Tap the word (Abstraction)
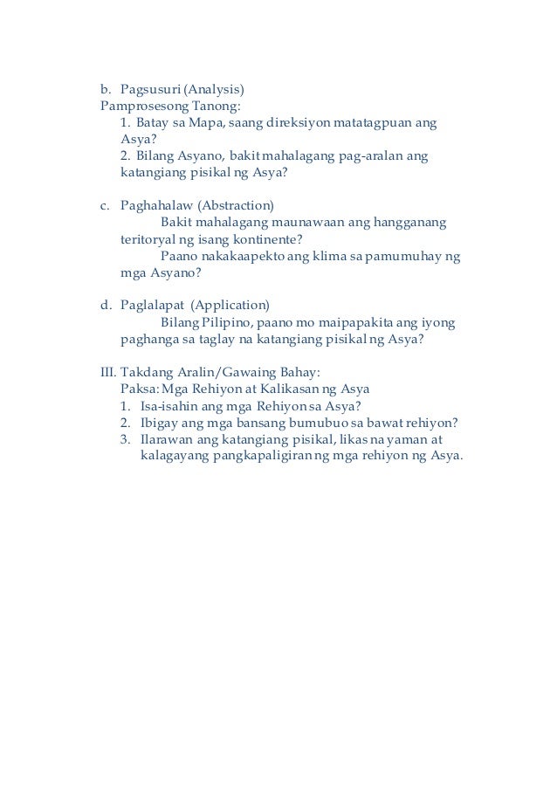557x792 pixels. (236, 206)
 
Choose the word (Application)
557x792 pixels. (230, 306)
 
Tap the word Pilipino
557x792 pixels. (225, 322)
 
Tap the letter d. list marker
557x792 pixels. (106, 306)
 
